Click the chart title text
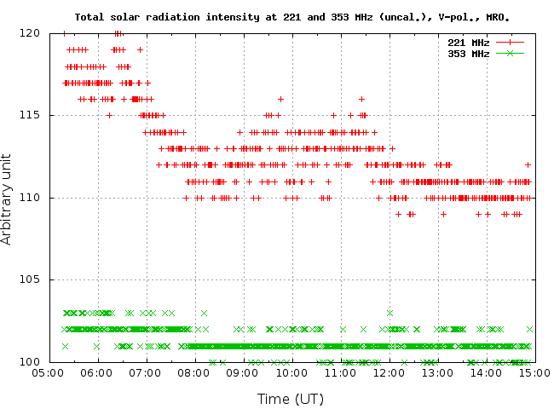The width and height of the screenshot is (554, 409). (298, 16)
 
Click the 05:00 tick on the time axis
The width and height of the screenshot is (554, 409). (48, 373)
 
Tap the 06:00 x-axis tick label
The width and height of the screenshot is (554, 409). (96, 373)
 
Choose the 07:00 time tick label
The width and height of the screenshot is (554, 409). (145, 373)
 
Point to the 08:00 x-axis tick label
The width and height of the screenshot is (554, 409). (193, 373)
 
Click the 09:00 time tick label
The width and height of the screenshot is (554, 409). (242, 373)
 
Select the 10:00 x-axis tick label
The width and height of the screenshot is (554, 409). (291, 373)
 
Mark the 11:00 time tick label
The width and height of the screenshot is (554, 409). (339, 373)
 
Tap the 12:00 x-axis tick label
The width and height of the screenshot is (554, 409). (388, 373)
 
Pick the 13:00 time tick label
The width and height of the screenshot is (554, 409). (436, 373)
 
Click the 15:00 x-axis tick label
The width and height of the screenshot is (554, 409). (534, 373)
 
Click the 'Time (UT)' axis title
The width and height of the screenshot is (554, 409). (291, 398)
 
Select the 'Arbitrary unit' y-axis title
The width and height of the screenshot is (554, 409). (8, 198)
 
